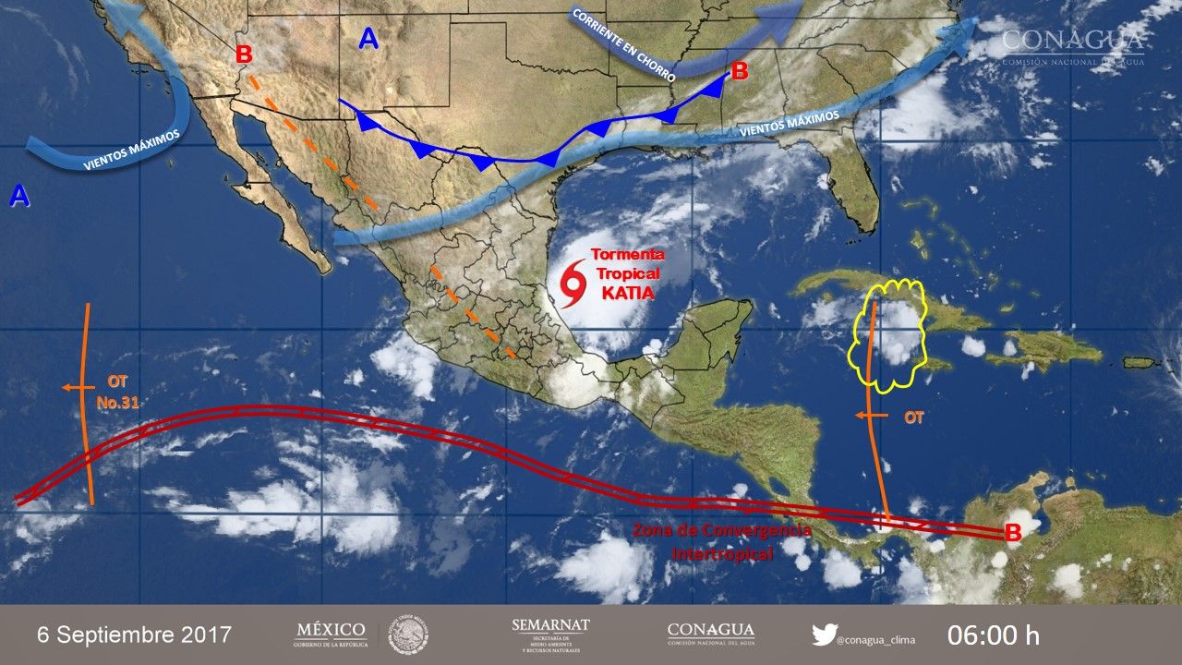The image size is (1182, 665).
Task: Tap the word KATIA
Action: coord(627,294)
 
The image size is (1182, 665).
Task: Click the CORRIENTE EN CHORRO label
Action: coord(622,43)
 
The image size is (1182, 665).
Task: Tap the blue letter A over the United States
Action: coord(368,39)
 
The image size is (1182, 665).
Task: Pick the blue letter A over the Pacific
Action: coord(19,195)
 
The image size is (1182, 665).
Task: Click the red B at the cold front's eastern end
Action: coord(739,70)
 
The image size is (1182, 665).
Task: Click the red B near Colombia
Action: coord(1012,533)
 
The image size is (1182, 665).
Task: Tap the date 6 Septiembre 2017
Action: coord(135,635)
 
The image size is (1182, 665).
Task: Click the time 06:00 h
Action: coord(994,635)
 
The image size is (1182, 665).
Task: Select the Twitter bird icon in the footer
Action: coord(824,635)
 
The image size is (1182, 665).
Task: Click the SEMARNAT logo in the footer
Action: coord(550,634)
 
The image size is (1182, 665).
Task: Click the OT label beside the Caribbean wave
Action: coord(913,417)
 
